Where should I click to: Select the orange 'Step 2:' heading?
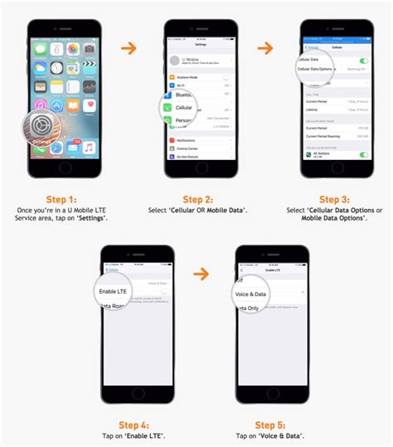pos(198,199)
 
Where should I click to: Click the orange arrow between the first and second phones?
pos(129,47)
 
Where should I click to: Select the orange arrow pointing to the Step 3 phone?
pos(265,47)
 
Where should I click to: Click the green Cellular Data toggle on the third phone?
pos(363,61)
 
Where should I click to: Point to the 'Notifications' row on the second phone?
pos(198,141)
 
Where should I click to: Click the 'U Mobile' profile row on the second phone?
pos(198,61)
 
